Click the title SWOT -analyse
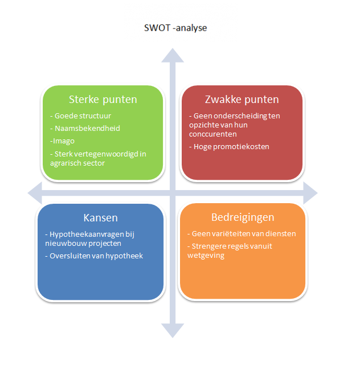coord(175,28)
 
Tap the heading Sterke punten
coord(103,100)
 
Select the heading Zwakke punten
coord(242,100)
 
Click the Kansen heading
coord(101,217)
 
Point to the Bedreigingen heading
coord(243,217)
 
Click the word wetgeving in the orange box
coord(206,256)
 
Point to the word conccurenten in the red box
coord(212,134)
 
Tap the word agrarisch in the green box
coord(66,163)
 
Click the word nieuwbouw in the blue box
coord(66,244)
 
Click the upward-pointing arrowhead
coord(173,56)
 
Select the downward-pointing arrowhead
coord(173,331)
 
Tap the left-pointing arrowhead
coord(35,193)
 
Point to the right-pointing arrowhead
coord(310,193)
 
